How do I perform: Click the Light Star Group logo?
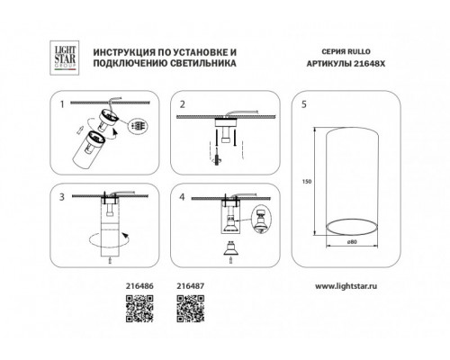pos(64,58)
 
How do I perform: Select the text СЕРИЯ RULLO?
pos(346,51)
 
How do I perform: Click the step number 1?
pos(62,104)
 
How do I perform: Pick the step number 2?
pos(183,104)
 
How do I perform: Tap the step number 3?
pos(62,197)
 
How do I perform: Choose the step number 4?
pos(182,197)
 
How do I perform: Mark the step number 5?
pos(304,104)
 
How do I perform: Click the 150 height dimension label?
pos(307,182)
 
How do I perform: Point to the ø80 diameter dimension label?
pos(352,242)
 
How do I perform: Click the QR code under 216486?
pos(139,309)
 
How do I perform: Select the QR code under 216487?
pos(191,309)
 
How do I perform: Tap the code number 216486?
pos(139,286)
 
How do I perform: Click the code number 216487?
pos(191,286)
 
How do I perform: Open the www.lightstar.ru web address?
pos(346,286)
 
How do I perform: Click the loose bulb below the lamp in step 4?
pos(230,248)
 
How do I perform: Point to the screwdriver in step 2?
pos(217,156)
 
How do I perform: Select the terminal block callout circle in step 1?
pos(139,126)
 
